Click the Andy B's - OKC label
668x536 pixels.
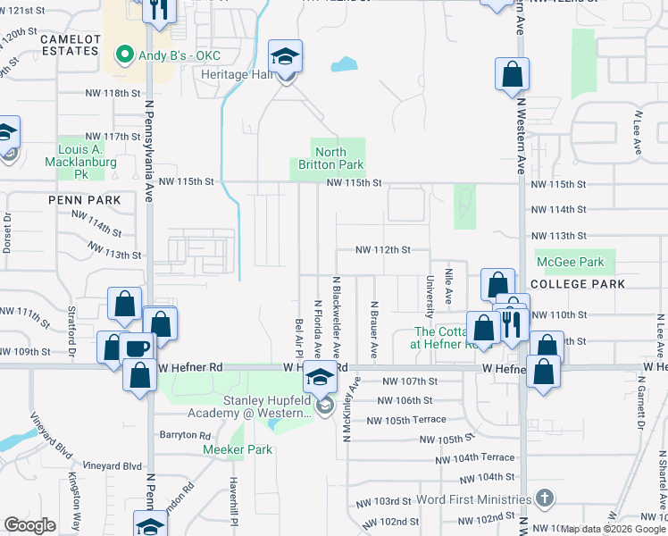[x=179, y=55]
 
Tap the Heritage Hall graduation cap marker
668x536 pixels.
[x=286, y=58]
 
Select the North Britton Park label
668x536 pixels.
[x=330, y=158]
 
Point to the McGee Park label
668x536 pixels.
[x=570, y=263]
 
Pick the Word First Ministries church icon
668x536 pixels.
[x=544, y=498]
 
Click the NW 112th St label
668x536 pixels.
[x=382, y=250]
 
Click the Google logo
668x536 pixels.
[x=30, y=525]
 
